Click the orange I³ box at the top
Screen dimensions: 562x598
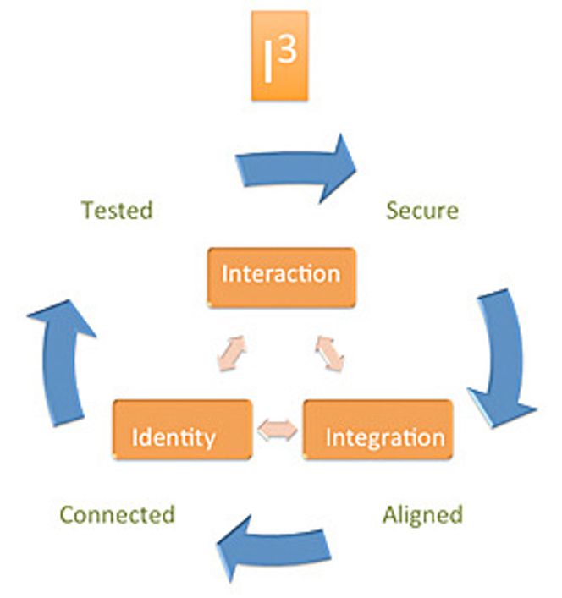coord(279,56)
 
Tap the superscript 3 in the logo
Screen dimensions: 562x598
coord(288,51)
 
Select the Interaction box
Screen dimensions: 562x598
coord(282,277)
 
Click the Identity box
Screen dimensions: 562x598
coord(182,430)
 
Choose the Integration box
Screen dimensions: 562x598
coord(378,430)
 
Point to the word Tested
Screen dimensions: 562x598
coord(117,210)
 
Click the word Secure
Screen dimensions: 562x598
coord(422,211)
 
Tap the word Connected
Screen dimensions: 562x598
coord(118,514)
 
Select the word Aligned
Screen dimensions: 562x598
coord(422,516)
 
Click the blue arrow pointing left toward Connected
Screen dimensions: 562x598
coord(274,548)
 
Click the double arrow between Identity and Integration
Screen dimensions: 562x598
coord(278,431)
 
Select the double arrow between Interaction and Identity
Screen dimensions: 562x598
coord(231,354)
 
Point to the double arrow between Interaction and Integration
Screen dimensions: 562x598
coord(330,354)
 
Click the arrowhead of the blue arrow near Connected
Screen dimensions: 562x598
coord(234,548)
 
